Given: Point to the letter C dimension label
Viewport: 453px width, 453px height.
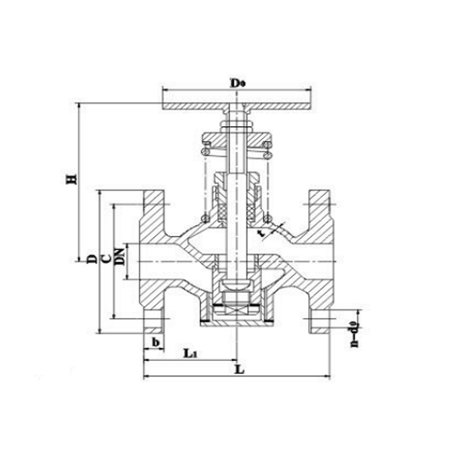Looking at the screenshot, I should pos(106,259).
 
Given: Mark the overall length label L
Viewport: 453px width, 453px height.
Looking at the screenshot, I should pos(239,370).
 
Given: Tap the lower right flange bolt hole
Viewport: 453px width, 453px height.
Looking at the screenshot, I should pos(319,319).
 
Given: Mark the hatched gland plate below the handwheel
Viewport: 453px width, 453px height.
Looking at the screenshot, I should pos(237,141).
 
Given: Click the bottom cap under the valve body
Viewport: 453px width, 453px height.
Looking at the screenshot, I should pos(237,320).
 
